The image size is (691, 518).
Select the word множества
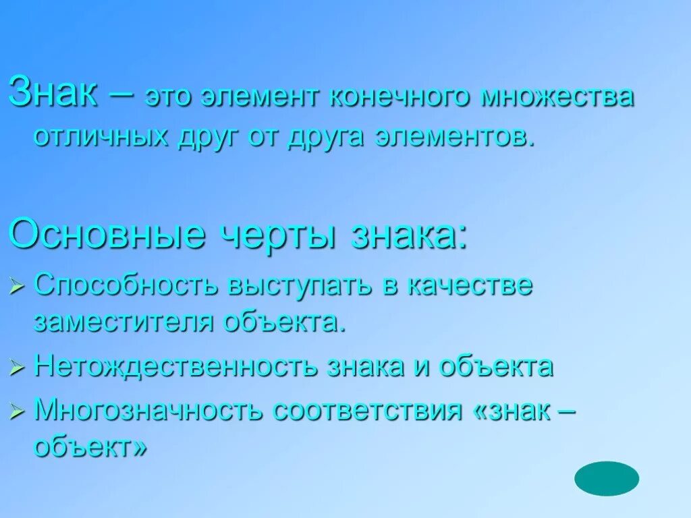click(557, 97)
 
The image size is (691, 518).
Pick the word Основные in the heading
click(107, 234)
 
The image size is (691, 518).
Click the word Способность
click(126, 286)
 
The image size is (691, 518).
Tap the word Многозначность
click(148, 410)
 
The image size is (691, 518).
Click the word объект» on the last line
click(90, 447)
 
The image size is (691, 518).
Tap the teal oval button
click(606, 478)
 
